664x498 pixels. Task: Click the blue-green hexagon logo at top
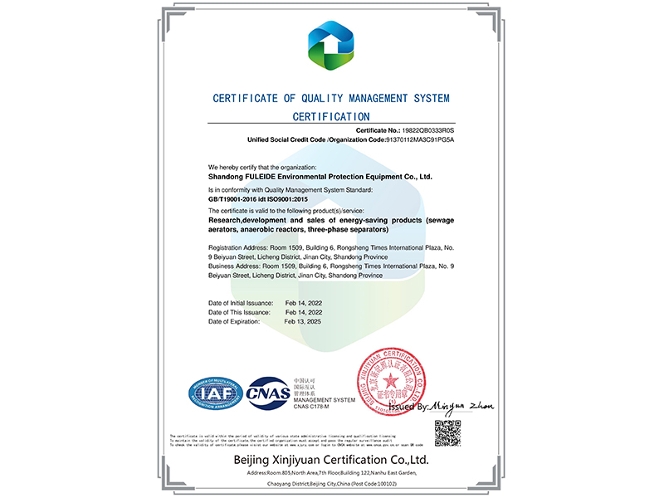(331, 46)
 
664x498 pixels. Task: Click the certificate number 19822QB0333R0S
(429, 130)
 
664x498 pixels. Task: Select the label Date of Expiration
(235, 320)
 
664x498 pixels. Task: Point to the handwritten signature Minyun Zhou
(463, 405)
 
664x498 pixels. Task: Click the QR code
(447, 432)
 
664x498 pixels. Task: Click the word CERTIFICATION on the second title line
(331, 117)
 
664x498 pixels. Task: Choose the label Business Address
(237, 266)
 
